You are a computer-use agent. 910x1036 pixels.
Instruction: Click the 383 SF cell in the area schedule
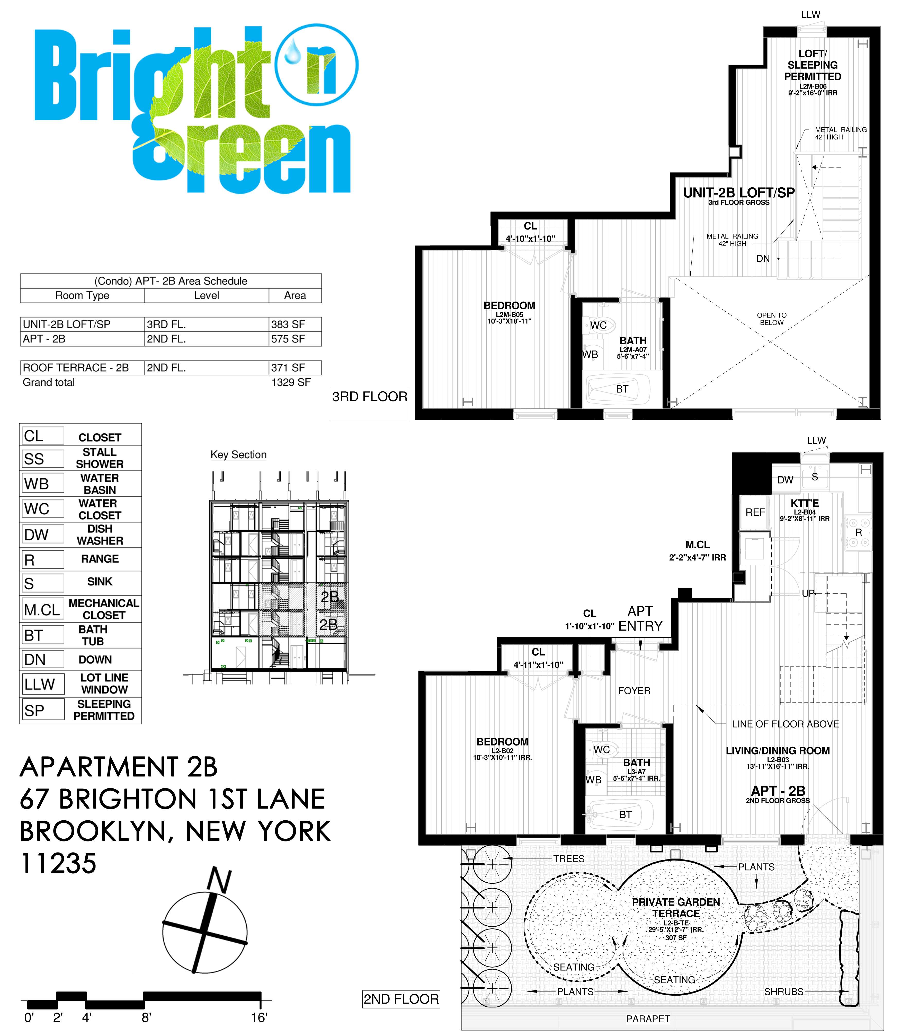tap(288, 324)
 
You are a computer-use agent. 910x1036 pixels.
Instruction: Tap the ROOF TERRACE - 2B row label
tap(76, 367)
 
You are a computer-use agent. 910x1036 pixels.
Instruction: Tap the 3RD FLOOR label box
tap(370, 397)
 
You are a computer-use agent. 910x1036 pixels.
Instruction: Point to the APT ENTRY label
tap(640, 618)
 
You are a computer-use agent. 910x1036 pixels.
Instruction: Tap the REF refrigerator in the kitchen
tap(755, 512)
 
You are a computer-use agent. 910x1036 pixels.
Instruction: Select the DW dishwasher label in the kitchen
tap(785, 480)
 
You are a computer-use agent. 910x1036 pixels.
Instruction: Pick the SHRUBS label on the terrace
tap(784, 991)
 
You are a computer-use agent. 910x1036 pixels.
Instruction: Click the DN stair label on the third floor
tap(763, 259)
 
